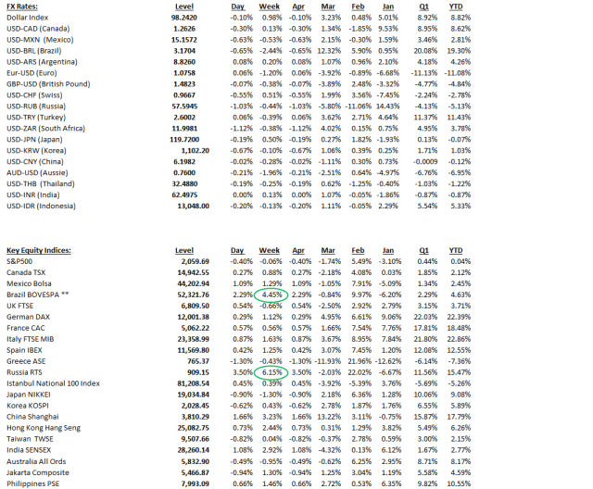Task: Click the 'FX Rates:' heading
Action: click(x=20, y=5)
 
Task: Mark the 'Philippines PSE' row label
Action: click(x=33, y=483)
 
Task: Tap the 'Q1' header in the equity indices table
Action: click(x=423, y=250)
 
